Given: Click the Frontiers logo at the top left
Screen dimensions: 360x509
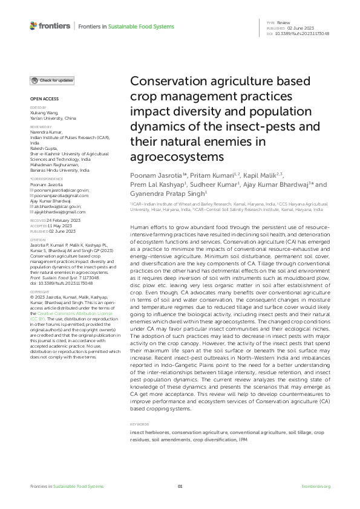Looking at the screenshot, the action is pyautogui.click(x=50, y=26).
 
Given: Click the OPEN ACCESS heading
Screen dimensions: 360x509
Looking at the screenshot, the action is pyautogui.click(x=44, y=99).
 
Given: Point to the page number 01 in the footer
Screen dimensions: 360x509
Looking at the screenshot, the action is pyautogui.click(x=180, y=486).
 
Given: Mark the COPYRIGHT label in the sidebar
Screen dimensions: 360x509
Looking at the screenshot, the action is pyautogui.click(x=40, y=291).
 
